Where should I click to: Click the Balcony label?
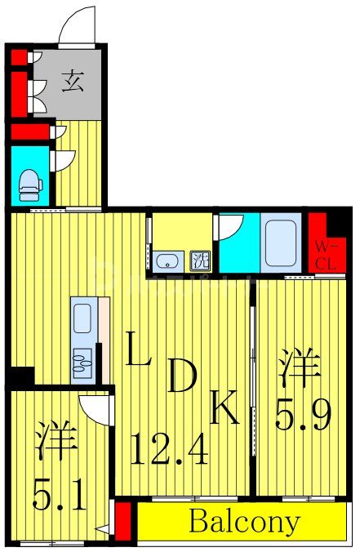[x=245, y=520]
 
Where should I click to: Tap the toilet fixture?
[x=30, y=185]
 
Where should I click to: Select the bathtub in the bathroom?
[x=281, y=242]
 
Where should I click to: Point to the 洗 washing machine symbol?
[x=199, y=262]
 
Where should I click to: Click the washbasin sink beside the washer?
[x=167, y=262]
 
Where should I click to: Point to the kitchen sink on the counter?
[x=83, y=361]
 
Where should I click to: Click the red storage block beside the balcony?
[x=123, y=520]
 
